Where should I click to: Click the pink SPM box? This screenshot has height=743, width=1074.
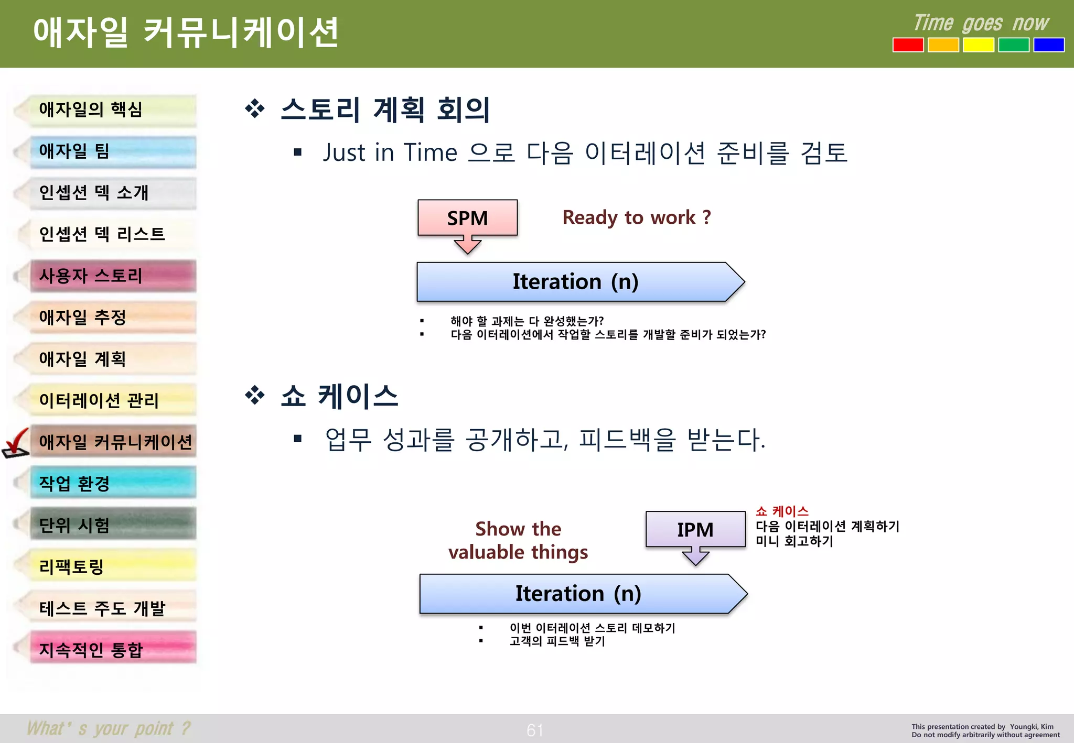(467, 217)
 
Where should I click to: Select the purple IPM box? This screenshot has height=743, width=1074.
(695, 529)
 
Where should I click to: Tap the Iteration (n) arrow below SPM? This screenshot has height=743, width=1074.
(575, 282)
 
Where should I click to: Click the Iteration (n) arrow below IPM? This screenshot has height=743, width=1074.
(578, 594)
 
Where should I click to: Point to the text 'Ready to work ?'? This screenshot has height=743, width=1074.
(636, 217)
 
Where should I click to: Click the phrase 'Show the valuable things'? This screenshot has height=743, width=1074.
(518, 540)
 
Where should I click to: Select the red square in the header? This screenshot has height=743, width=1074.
(908, 45)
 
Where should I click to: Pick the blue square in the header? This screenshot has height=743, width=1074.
(1048, 45)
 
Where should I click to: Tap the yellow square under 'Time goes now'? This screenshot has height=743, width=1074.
(978, 45)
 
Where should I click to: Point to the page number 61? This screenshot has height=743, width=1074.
(535, 730)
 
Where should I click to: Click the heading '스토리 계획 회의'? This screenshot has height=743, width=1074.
(385, 110)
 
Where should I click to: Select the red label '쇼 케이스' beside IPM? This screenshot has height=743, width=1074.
(782, 511)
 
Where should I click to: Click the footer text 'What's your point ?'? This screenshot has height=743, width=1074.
(109, 728)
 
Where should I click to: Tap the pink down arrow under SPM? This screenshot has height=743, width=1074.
(467, 244)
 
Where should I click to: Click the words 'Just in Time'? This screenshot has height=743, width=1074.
(390, 153)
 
